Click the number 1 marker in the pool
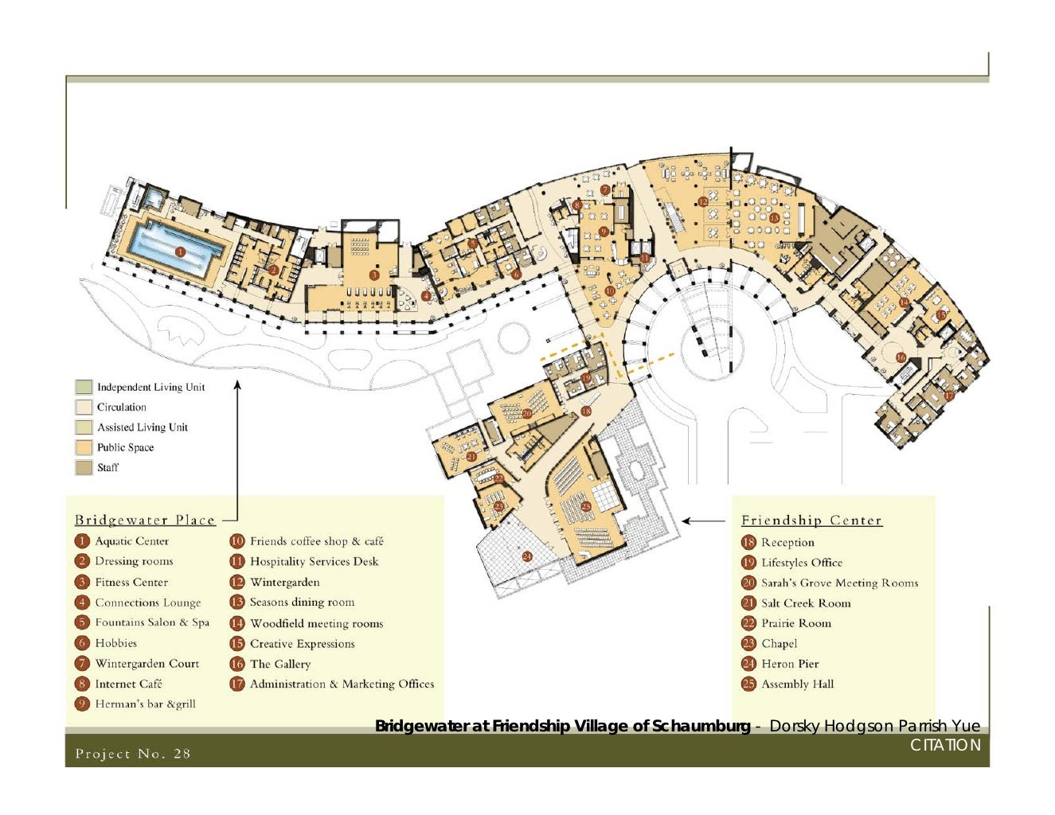point(180,252)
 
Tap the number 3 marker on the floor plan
point(373,275)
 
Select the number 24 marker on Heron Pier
point(527,556)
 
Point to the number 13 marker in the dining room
point(774,218)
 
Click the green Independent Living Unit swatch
point(84,387)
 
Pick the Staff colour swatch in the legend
point(84,467)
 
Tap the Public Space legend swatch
point(84,446)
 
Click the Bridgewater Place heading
point(145,520)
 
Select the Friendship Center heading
point(811,520)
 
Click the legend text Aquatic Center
point(131,541)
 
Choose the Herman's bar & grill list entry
point(145,704)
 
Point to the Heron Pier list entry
point(790,664)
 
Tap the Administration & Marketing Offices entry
point(342,684)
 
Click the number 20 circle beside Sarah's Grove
point(748,583)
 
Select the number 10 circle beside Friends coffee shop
point(237,541)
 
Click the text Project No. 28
point(132,754)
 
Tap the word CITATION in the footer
point(945,745)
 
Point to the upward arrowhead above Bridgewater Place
point(237,385)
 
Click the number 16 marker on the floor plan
point(901,357)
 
